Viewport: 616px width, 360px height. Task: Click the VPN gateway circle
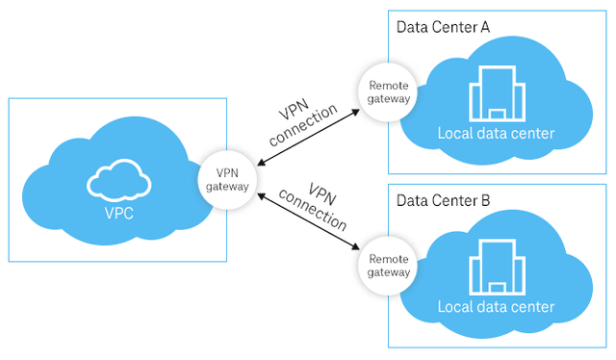point(228,178)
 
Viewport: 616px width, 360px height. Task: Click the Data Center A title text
point(443,26)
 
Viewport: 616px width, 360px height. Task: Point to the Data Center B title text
point(443,200)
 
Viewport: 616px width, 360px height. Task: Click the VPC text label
point(120,208)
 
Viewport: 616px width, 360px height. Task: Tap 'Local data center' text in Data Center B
point(496,307)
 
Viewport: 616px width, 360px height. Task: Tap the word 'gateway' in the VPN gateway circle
point(228,186)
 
